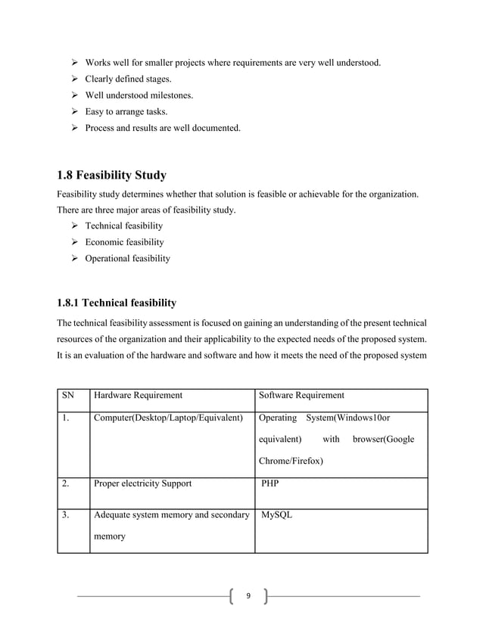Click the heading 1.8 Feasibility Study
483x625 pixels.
click(x=111, y=176)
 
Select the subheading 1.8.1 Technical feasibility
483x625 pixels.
click(x=117, y=303)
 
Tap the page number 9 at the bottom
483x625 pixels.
click(x=248, y=596)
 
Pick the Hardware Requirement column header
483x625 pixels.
click(x=137, y=395)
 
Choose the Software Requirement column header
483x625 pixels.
click(x=301, y=395)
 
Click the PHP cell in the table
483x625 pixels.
click(x=270, y=483)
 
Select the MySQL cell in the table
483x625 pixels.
click(x=276, y=516)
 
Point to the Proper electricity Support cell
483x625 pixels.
click(x=142, y=483)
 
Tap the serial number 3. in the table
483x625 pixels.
click(x=67, y=516)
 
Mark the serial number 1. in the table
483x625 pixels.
click(x=67, y=418)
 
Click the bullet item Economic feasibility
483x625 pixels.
click(x=124, y=242)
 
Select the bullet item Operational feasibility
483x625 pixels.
click(x=127, y=258)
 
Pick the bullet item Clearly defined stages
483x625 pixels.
click(x=128, y=79)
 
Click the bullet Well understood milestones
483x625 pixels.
click(x=139, y=95)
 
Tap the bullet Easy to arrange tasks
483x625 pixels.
click(x=126, y=112)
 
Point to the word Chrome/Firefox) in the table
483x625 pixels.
click(x=291, y=460)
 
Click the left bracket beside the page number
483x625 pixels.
click(x=231, y=596)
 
